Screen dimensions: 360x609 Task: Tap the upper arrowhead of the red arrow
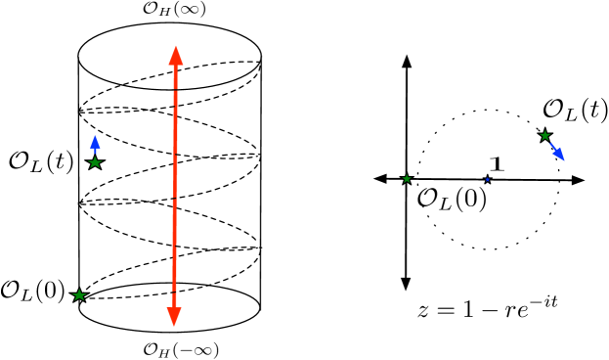(x=174, y=56)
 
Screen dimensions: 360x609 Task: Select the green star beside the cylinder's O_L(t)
(x=95, y=163)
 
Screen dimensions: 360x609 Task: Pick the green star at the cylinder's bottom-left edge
(x=79, y=294)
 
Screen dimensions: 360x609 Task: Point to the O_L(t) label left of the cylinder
(x=40, y=160)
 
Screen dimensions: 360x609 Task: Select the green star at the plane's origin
(x=407, y=179)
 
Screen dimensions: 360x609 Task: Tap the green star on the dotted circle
(x=545, y=135)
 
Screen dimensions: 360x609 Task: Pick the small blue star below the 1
(x=488, y=180)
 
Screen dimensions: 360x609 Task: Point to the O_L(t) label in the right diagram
(x=572, y=111)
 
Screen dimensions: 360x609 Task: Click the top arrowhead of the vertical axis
(x=405, y=61)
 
